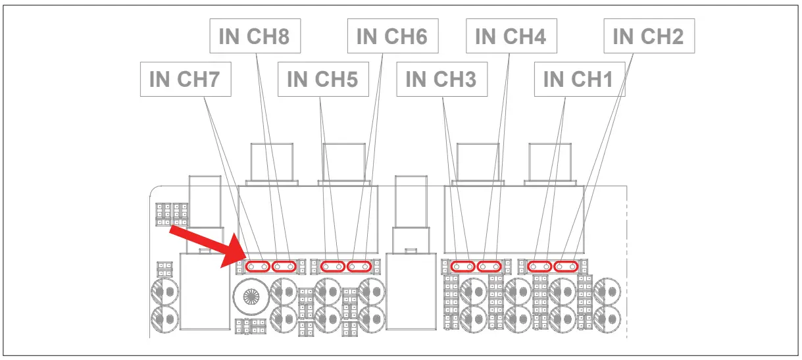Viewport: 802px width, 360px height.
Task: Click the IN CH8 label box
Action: pos(254,36)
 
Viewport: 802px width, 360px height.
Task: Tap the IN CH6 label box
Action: pos(391,36)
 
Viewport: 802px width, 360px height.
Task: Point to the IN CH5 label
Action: pos(322,79)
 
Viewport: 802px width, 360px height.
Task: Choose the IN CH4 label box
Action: pos(511,36)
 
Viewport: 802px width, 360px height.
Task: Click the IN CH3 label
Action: pos(441,79)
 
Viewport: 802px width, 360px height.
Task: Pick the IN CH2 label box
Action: pos(648,36)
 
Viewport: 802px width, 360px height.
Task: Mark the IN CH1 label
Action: pos(578,79)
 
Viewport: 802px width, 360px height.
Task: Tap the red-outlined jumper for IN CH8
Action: pos(284,267)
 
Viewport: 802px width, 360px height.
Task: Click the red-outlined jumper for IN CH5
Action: pos(333,267)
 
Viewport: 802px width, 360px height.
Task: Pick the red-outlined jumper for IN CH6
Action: pos(359,267)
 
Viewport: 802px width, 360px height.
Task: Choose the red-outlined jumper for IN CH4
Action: pos(489,267)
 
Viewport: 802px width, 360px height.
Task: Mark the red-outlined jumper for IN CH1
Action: pos(540,267)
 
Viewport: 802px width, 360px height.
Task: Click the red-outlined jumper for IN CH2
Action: pos(566,267)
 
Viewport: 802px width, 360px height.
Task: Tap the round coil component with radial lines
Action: pos(251,296)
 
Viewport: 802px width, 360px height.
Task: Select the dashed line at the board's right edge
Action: pos(626,263)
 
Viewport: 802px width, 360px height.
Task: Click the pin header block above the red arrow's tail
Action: pos(172,214)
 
